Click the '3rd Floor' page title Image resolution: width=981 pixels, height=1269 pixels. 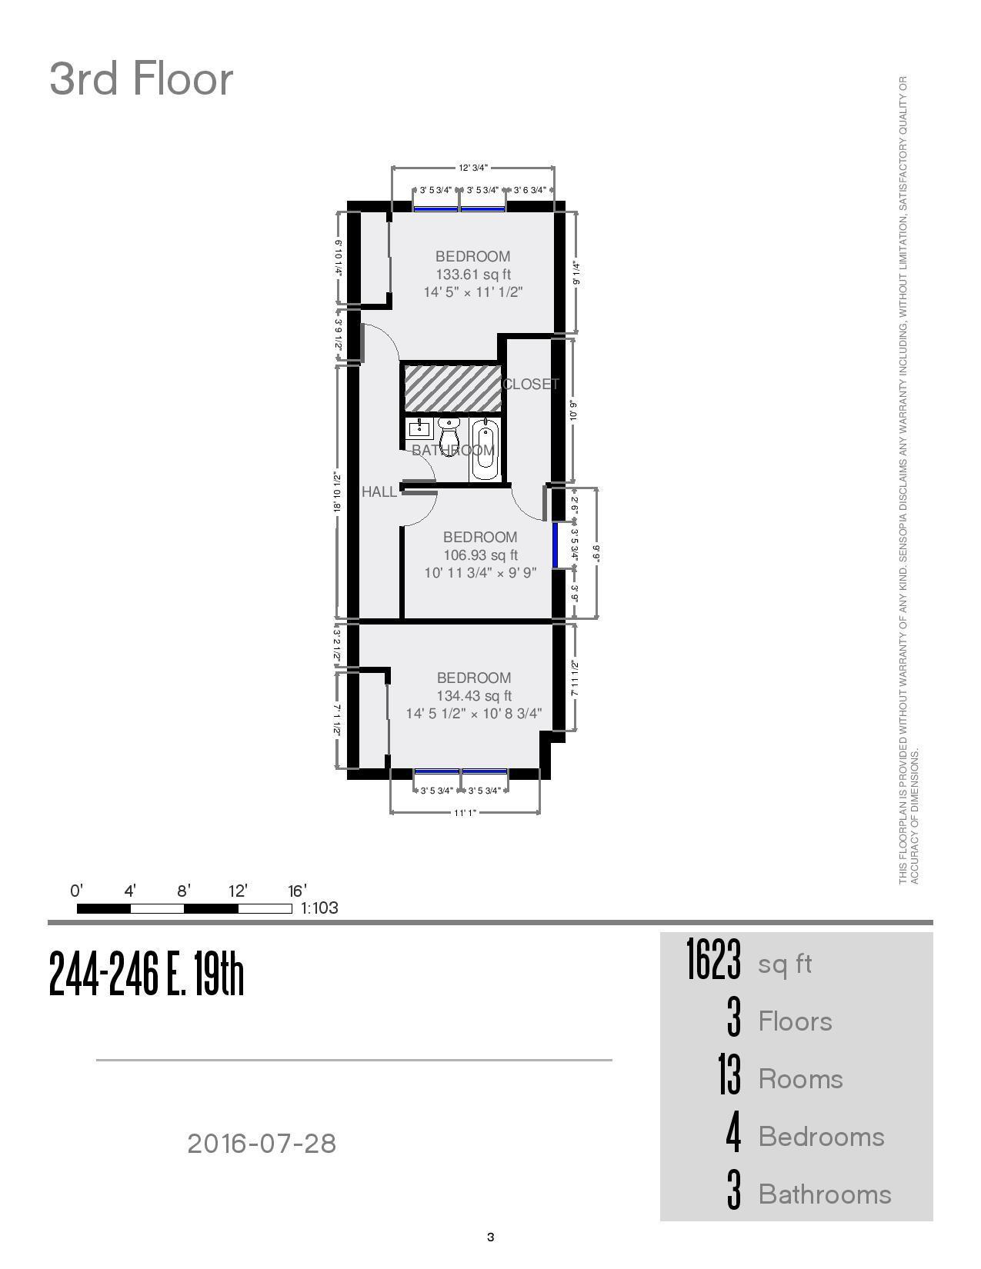pyautogui.click(x=141, y=79)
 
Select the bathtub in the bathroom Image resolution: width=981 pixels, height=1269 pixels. pyautogui.click(x=485, y=449)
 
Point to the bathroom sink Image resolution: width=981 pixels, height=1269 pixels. pyautogui.click(x=419, y=428)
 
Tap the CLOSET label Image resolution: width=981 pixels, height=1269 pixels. pyautogui.click(x=531, y=384)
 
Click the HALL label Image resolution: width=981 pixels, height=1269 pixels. pyautogui.click(x=379, y=491)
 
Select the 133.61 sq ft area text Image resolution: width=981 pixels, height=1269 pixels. pyautogui.click(x=473, y=275)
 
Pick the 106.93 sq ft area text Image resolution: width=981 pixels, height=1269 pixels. pyautogui.click(x=480, y=555)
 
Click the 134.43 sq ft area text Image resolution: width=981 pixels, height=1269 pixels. pyautogui.click(x=474, y=696)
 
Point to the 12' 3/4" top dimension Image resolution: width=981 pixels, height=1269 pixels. pyautogui.click(x=473, y=168)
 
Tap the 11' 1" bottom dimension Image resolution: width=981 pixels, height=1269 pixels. pyautogui.click(x=465, y=812)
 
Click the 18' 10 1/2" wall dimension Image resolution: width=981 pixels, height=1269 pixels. pyautogui.click(x=337, y=492)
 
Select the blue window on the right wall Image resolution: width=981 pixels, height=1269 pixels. pyautogui.click(x=555, y=545)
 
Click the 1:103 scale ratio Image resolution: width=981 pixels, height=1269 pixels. pyautogui.click(x=319, y=908)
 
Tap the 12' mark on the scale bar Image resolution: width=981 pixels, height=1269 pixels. pyautogui.click(x=238, y=891)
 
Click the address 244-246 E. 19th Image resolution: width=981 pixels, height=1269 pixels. pyautogui.click(x=146, y=974)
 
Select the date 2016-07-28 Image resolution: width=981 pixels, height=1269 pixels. pyautogui.click(x=262, y=1144)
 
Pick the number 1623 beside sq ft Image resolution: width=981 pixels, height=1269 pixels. pyautogui.click(x=714, y=961)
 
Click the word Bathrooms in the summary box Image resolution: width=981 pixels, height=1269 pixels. pyautogui.click(x=825, y=1194)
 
